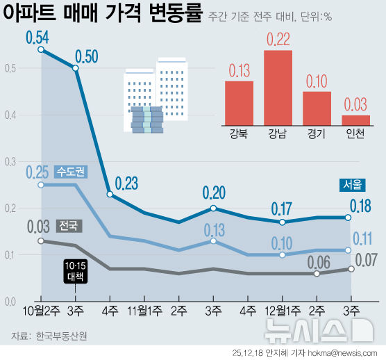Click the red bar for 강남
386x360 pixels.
(276, 86)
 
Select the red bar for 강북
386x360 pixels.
(239, 101)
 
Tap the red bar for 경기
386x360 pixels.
(317, 107)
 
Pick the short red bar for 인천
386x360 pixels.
(355, 119)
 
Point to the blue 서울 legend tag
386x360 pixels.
(351, 185)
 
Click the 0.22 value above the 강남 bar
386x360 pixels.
(276, 38)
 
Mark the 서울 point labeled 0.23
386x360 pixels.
(110, 194)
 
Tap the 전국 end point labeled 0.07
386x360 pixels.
(351, 269)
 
